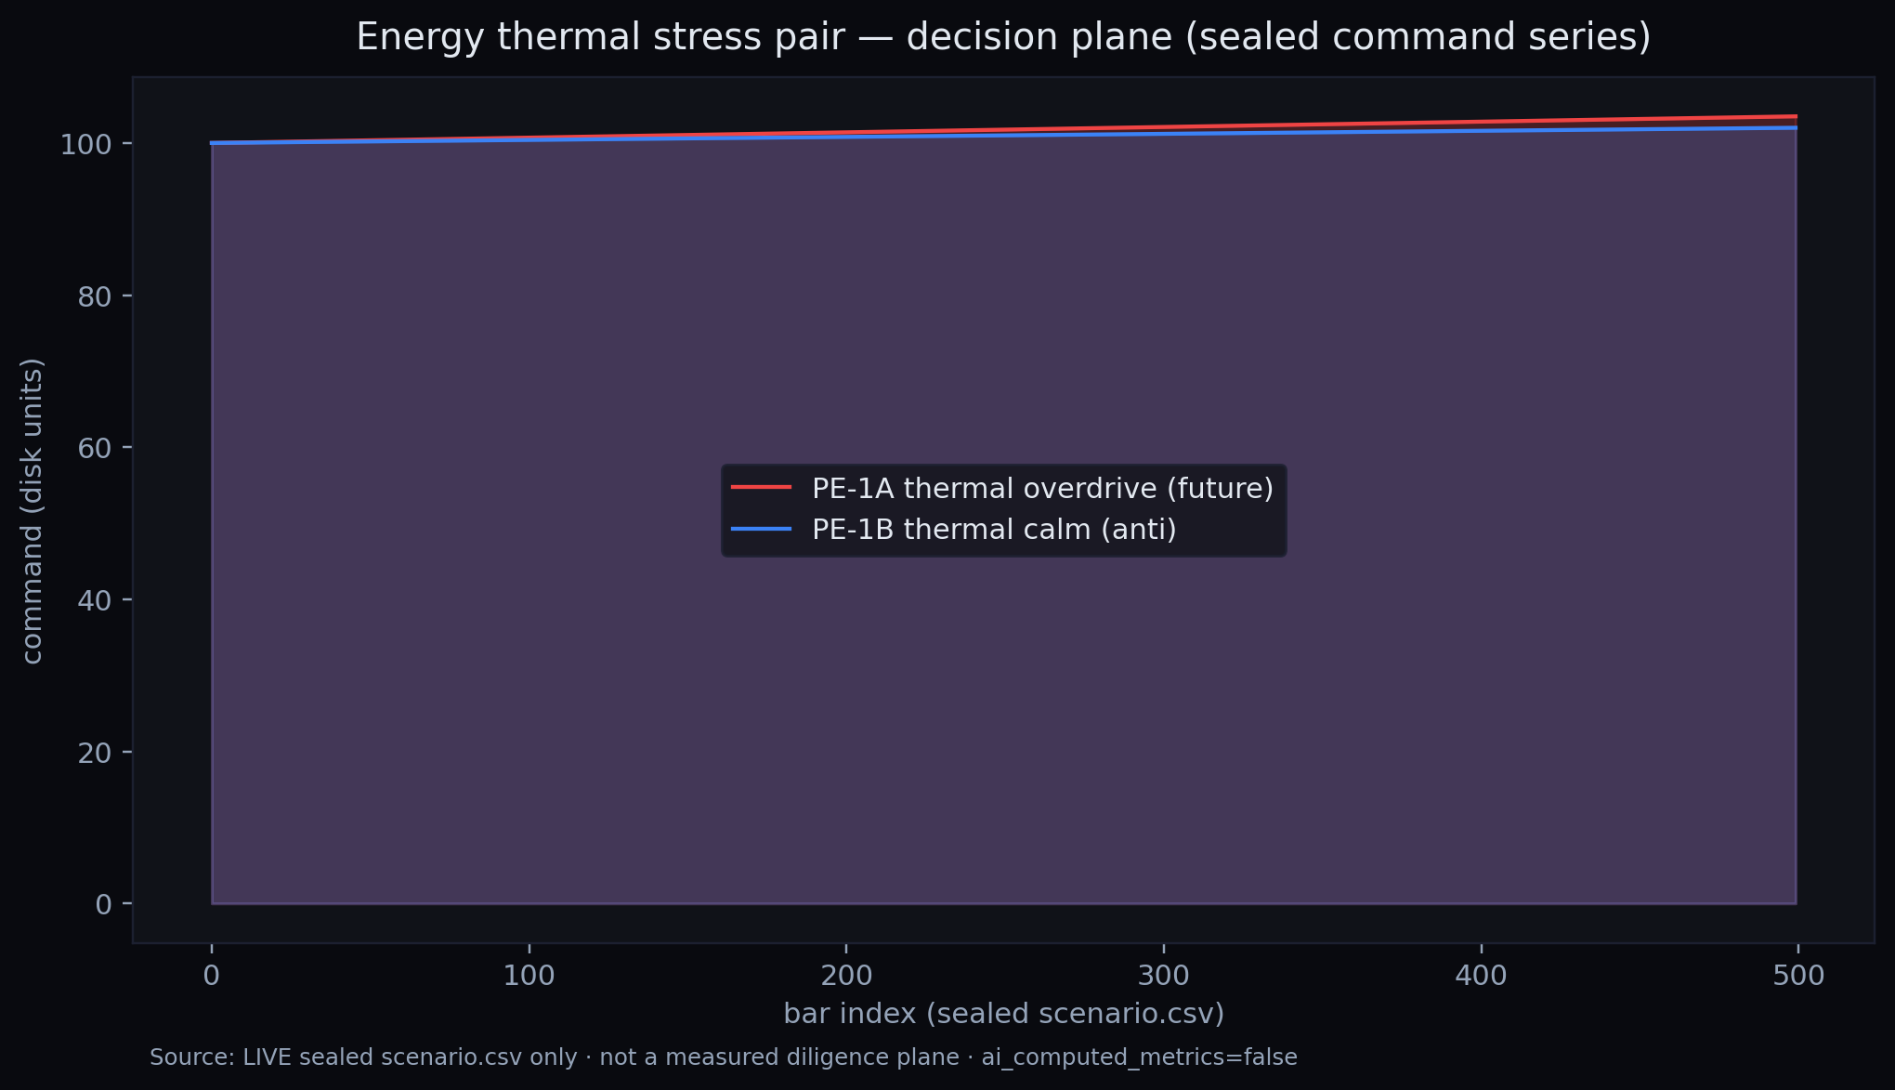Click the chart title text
click(x=1003, y=38)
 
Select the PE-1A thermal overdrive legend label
click(x=1042, y=488)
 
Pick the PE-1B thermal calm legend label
click(x=994, y=529)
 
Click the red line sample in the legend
click(x=762, y=487)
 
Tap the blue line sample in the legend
click(x=762, y=529)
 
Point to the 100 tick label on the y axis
click(x=86, y=144)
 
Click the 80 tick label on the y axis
click(x=95, y=296)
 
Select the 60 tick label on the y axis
click(x=95, y=448)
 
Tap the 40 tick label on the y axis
click(x=95, y=600)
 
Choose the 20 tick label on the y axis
click(x=95, y=753)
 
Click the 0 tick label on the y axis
click(x=103, y=904)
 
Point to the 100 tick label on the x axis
click(x=529, y=977)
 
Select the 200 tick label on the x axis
click(x=846, y=977)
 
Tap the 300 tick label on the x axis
click(x=1164, y=977)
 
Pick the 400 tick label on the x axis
click(x=1481, y=977)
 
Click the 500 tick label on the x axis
click(x=1798, y=977)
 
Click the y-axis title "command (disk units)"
click(x=33, y=511)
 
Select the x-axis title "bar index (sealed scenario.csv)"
click(x=1004, y=1014)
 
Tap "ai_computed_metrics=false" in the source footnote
click(x=1139, y=1057)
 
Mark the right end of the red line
click(x=1797, y=116)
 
